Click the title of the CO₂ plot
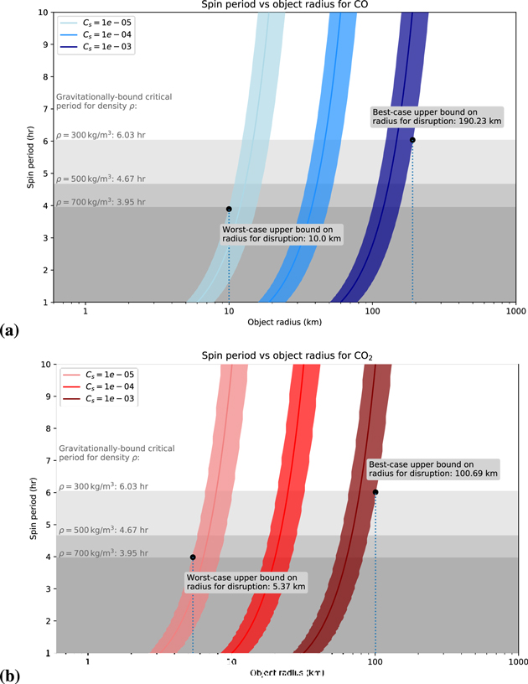coord(287,356)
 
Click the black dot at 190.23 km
coord(412,140)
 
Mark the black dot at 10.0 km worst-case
coord(229,209)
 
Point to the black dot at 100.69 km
coord(375,492)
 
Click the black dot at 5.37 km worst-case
coord(193,557)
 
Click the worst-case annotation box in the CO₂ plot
coord(245,583)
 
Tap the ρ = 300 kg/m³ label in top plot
coord(101,135)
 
